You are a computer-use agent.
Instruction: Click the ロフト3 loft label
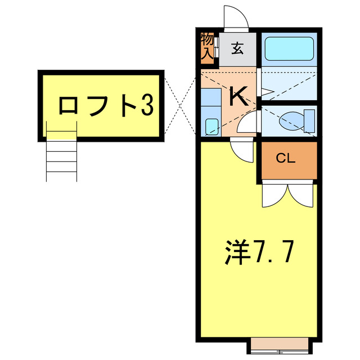(105, 105)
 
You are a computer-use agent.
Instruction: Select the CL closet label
(286, 159)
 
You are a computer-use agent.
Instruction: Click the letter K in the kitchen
(239, 97)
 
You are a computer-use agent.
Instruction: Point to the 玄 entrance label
(237, 49)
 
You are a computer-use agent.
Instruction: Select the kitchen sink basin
(211, 127)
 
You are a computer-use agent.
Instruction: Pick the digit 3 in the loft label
(146, 105)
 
